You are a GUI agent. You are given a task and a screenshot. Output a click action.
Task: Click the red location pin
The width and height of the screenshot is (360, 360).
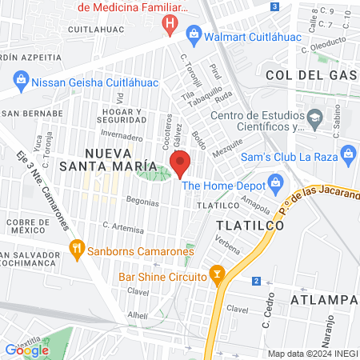(x=181, y=163)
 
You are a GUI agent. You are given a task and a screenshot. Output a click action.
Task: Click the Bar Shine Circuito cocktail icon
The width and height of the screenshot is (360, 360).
(x=217, y=277)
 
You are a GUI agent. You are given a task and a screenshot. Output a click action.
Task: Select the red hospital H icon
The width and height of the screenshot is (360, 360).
(x=170, y=25)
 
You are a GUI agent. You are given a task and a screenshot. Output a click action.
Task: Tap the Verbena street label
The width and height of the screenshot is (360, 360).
(x=227, y=246)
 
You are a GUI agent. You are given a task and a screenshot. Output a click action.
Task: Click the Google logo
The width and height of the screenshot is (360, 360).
(x=26, y=350)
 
